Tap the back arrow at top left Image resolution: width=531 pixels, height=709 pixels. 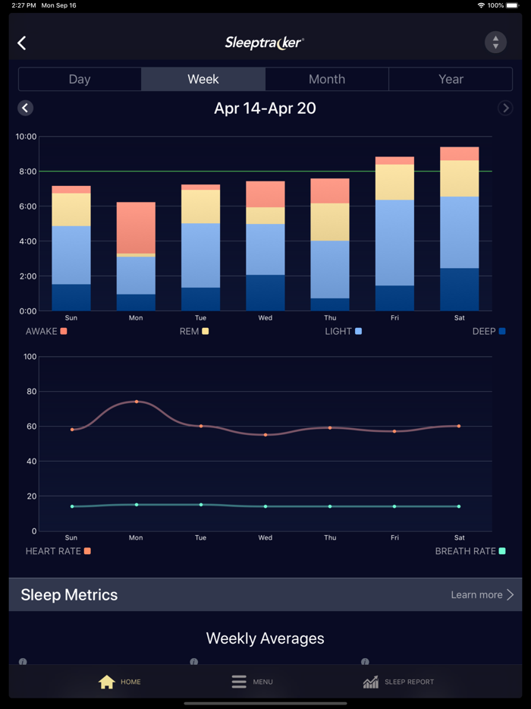pos(22,43)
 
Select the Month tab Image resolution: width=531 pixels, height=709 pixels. pos(327,79)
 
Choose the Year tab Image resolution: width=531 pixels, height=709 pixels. pos(451,79)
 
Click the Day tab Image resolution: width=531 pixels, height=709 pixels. pos(80,79)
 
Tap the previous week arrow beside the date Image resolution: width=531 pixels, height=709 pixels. pos(25,108)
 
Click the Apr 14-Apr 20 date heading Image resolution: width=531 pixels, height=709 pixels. pos(265,108)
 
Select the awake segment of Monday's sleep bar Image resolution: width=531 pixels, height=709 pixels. pos(136,228)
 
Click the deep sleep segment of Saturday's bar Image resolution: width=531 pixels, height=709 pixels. pos(460,289)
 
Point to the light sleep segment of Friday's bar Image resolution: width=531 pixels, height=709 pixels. pos(394,243)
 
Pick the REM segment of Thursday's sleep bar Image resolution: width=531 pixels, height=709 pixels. pos(330,222)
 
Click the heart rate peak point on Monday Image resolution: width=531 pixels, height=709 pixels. pos(137,402)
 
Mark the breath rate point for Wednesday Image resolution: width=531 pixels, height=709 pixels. pos(265,506)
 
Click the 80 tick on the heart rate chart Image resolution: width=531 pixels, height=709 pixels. pos(30,392)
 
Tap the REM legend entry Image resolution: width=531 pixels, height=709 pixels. pos(193,331)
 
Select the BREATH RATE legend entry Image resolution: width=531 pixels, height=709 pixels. pos(470,551)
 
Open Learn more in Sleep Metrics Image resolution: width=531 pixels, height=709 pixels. pos(482,594)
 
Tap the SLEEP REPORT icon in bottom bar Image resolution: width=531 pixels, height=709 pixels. pos(371,682)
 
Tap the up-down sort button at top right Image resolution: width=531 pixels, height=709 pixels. pos(495,43)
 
